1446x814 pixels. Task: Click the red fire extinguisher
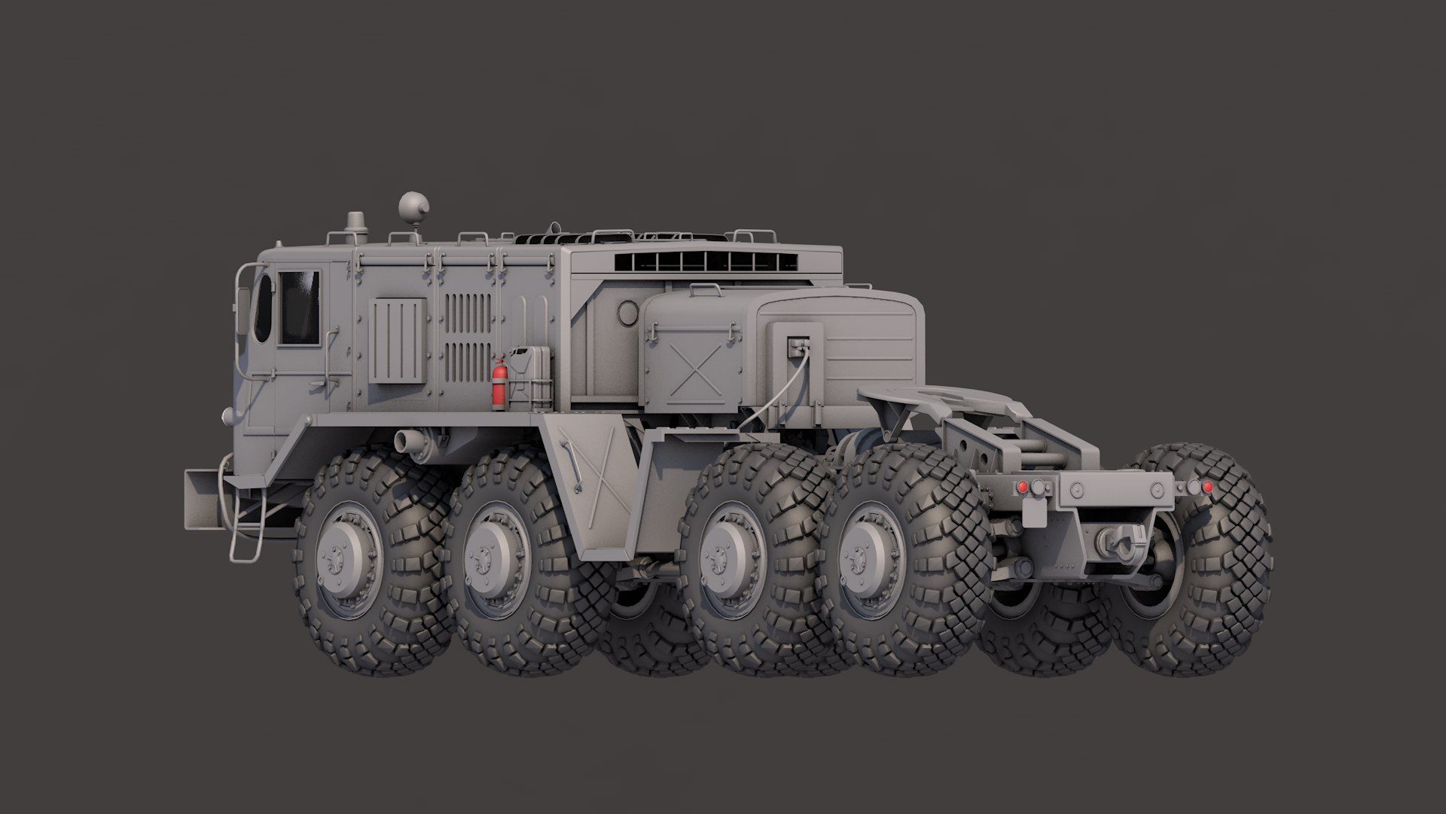click(498, 384)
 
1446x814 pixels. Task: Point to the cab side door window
click(299, 308)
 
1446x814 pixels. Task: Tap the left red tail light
click(1022, 488)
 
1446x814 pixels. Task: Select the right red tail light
click(1207, 487)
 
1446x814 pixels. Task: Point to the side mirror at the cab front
click(243, 311)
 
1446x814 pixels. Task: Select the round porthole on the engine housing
click(627, 311)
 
